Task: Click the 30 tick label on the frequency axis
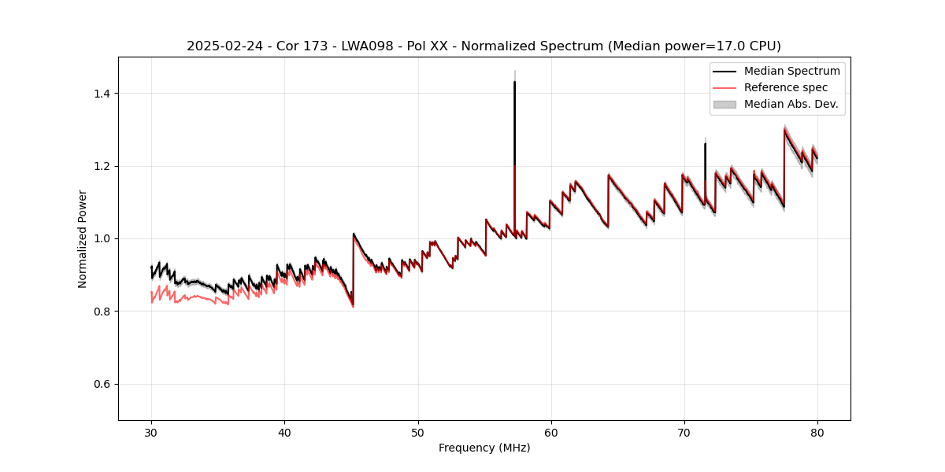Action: tap(151, 432)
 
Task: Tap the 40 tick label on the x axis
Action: tap(284, 432)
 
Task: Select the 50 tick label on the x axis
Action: tap(417, 432)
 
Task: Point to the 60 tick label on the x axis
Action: tap(550, 432)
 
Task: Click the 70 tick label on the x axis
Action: tap(684, 432)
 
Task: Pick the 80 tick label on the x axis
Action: tap(817, 432)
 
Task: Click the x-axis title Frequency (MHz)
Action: tap(484, 448)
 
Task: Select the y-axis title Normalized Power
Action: tap(83, 238)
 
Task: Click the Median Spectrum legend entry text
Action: tap(791, 71)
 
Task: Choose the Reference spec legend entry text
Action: tap(786, 87)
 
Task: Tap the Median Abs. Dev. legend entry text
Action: tap(791, 104)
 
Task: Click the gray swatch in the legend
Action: tap(724, 104)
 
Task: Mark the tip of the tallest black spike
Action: tap(514, 82)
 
